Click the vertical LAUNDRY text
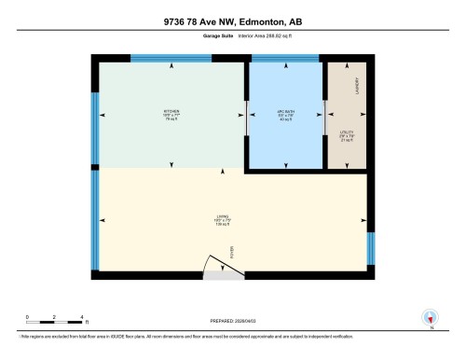357,86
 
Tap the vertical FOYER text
234,250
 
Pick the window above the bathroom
285,58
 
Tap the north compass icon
431,318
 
